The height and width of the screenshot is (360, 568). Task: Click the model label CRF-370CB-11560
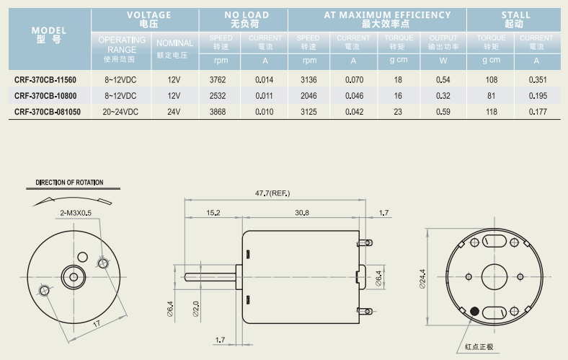[x=45, y=80]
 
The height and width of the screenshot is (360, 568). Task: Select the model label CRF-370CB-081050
[x=48, y=112]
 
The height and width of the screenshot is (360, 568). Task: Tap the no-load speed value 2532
[x=218, y=96]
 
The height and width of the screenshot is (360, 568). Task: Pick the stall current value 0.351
[x=538, y=80]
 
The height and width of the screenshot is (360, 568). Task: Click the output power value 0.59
[x=443, y=112]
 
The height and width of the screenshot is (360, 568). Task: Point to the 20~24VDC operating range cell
[x=120, y=112]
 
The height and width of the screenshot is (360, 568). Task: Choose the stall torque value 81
[x=491, y=96]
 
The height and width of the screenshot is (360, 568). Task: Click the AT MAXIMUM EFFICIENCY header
[x=387, y=15]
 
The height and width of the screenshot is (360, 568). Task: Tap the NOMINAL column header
[x=174, y=43]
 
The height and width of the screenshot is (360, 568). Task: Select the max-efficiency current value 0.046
[x=354, y=96]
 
